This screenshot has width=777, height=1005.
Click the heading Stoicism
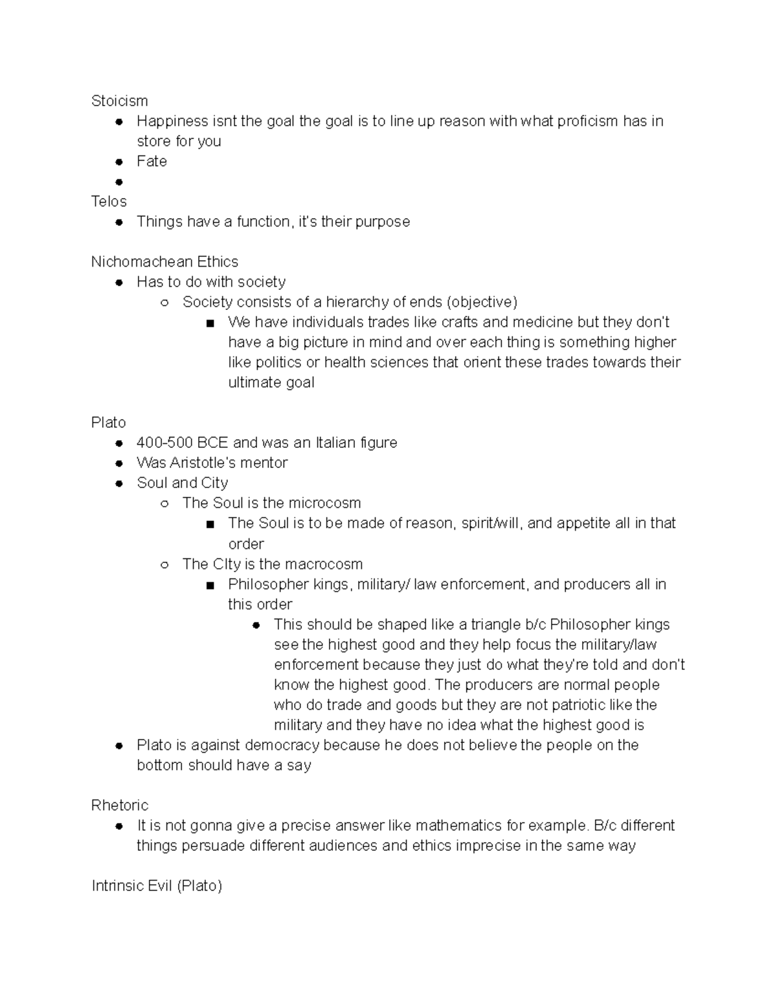pyautogui.click(x=119, y=101)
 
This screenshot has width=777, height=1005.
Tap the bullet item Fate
pyautogui.click(x=152, y=161)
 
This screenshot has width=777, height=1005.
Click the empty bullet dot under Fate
pyautogui.click(x=118, y=182)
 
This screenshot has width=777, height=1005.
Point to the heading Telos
pyautogui.click(x=109, y=201)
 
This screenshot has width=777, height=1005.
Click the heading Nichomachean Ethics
pyautogui.click(x=164, y=261)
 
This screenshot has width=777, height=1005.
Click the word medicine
pyautogui.click(x=535, y=322)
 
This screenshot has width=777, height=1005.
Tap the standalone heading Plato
pyautogui.click(x=108, y=423)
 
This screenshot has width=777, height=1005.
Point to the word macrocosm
pyautogui.click(x=323, y=564)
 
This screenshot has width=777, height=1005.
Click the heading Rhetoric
pyautogui.click(x=120, y=805)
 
